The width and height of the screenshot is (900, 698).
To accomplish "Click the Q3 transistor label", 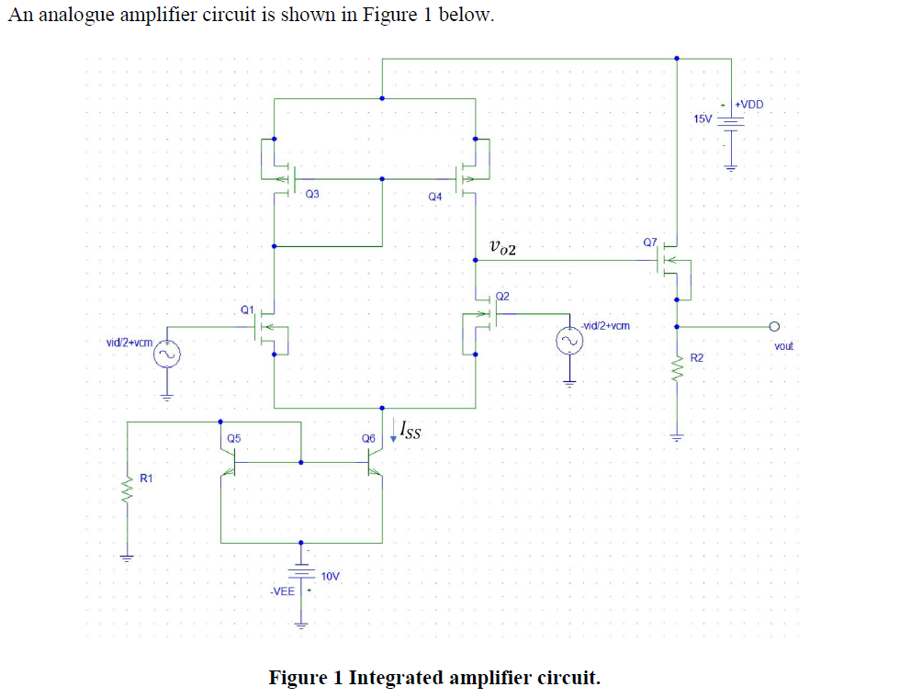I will click(312, 194).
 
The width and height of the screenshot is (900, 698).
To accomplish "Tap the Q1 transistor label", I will click(246, 310).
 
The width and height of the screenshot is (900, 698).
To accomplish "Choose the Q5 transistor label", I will click(234, 439).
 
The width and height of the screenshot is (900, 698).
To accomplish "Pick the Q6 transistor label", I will click(369, 439).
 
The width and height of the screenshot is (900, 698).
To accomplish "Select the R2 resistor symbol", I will click(678, 370).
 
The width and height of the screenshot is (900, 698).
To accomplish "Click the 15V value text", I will click(702, 119).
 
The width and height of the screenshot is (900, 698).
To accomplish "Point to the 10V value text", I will click(331, 576).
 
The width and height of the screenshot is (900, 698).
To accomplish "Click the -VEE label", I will click(282, 591).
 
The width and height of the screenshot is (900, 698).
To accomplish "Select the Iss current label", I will click(411, 429).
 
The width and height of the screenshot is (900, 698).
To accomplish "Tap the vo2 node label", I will click(504, 247).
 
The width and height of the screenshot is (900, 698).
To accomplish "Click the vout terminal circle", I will click(774, 326).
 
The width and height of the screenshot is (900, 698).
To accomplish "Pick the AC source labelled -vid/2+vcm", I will click(568, 342).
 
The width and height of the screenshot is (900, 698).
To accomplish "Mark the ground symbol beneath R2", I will click(678, 437).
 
